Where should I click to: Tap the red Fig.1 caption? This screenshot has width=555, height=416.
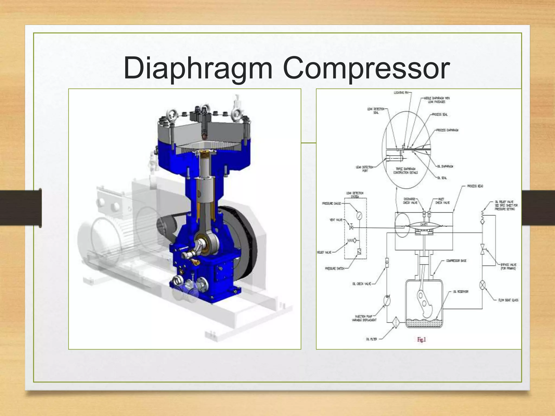pos(421,340)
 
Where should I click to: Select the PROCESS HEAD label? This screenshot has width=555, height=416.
pos(475,186)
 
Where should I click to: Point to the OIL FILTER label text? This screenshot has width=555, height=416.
pos(371,339)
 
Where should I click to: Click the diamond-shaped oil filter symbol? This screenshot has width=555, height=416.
pos(395,323)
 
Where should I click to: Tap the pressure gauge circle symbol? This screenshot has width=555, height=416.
pos(359,216)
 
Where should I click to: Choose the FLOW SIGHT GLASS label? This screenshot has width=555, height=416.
pos(508,300)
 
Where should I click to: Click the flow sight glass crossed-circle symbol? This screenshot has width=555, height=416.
pos(482,285)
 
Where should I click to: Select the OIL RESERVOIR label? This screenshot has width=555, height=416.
pos(461,292)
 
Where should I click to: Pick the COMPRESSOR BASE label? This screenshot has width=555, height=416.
pos(456,261)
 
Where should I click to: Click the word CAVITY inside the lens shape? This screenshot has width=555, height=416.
pos(424,225)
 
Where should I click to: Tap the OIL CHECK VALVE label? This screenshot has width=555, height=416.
pos(362,284)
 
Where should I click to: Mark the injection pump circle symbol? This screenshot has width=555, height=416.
pos(387,300)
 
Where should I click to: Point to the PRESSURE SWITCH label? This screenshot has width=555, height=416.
pos(334,269)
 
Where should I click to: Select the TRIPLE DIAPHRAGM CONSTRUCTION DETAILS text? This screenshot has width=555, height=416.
pos(405,171)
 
